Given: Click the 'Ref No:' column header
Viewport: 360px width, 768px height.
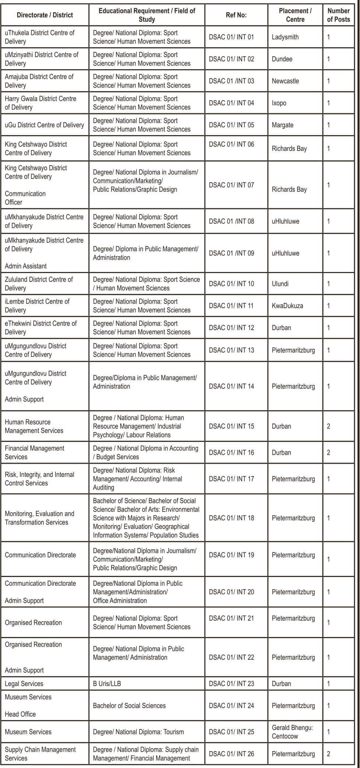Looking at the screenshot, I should (x=236, y=15).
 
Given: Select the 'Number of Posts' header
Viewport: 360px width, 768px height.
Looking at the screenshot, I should (x=338, y=15).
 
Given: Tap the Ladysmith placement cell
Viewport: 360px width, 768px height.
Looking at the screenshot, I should (x=285, y=37).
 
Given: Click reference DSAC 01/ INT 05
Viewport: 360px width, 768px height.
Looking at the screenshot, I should (x=231, y=125).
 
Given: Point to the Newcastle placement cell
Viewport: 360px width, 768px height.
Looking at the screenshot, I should (x=285, y=81).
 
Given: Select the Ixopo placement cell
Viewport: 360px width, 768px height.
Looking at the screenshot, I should (x=279, y=103).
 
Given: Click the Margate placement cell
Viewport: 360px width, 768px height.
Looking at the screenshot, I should (x=282, y=125).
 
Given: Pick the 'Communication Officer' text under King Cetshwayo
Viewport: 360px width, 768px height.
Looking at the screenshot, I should (x=25, y=198).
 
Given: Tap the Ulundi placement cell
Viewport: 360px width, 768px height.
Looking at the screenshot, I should (x=280, y=284).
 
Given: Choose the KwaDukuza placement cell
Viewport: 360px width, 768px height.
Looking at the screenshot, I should (x=287, y=306).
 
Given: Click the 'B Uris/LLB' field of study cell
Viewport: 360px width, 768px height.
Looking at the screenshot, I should (x=107, y=684).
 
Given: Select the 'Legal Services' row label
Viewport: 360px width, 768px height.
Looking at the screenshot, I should (x=24, y=684).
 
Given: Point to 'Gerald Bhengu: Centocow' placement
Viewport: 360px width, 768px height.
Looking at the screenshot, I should (x=292, y=732).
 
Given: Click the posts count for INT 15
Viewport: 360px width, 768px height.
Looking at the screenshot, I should (x=328, y=427).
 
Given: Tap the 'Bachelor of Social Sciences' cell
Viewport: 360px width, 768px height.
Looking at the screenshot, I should (x=129, y=705).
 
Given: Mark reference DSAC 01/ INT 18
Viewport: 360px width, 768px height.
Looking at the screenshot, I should (x=231, y=518).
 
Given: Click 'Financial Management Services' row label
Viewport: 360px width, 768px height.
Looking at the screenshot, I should (x=34, y=453).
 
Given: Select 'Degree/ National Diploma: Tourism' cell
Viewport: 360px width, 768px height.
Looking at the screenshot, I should (x=138, y=732).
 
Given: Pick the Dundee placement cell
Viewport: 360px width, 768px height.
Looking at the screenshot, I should (x=282, y=59).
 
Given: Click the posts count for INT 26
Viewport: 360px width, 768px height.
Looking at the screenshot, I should (x=328, y=754).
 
